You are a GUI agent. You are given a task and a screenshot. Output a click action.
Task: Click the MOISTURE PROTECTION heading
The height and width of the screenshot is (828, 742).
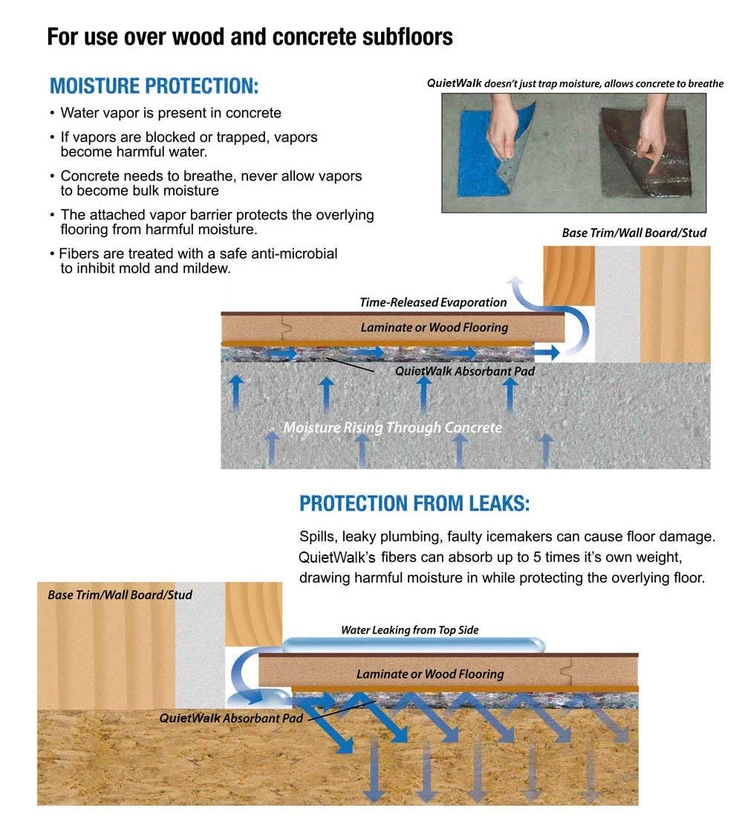click(x=154, y=85)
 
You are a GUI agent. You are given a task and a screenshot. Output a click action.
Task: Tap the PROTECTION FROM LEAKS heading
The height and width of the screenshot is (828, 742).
click(x=414, y=504)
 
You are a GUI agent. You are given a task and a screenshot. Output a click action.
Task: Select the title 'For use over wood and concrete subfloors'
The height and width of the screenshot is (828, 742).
click(x=250, y=36)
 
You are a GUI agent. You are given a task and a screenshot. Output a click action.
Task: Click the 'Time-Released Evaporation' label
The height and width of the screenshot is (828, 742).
click(x=433, y=303)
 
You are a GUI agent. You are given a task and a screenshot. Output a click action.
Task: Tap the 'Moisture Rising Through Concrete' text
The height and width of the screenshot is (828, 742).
click(x=392, y=427)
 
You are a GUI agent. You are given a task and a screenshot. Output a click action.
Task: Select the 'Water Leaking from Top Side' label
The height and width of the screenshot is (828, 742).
click(x=409, y=630)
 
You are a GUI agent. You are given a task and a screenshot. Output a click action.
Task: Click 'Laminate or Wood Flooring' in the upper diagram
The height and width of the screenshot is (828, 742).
click(x=434, y=327)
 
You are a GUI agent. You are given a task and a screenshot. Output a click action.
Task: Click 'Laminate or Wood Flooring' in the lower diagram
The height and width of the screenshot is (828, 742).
click(x=429, y=674)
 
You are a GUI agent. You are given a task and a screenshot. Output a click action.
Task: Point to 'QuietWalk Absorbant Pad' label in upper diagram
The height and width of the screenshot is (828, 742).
click(x=464, y=370)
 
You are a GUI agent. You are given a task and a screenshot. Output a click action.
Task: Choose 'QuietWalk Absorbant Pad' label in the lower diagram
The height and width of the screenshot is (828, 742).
click(x=231, y=719)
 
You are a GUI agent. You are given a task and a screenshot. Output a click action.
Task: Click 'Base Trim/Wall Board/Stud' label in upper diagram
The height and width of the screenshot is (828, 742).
click(x=634, y=233)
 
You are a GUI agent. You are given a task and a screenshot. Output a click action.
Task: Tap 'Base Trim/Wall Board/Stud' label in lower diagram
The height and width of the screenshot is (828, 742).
click(x=120, y=595)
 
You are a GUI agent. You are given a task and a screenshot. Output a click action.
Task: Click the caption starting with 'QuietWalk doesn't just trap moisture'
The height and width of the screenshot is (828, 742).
click(x=574, y=83)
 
